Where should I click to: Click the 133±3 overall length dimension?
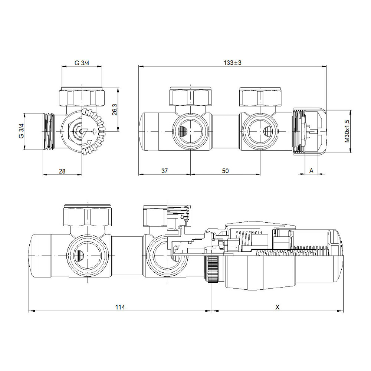tap(233, 63)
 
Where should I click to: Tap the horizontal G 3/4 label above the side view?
tap(82, 63)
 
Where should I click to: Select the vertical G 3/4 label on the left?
tap(21, 132)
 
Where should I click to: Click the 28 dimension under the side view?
tap(62, 171)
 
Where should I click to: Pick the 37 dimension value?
tap(165, 171)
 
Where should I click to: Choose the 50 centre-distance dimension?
tap(225, 171)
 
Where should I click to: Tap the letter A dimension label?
tap(311, 171)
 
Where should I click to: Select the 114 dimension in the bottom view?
tap(120, 307)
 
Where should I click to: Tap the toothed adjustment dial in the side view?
tap(93, 132)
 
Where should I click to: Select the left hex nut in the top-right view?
tap(191, 97)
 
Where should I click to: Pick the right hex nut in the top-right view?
tap(261, 97)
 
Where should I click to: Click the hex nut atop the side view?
tap(82, 97)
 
